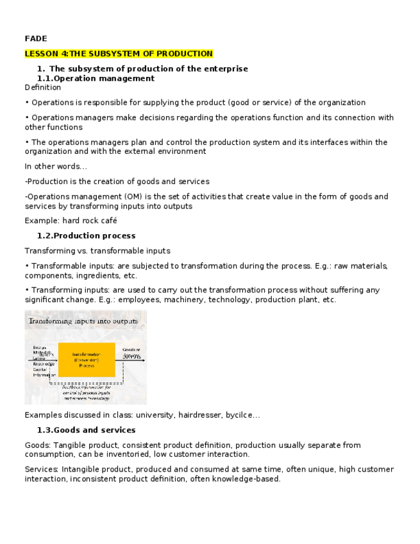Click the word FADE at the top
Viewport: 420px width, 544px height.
(x=35, y=38)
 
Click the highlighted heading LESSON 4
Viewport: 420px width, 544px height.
(x=119, y=54)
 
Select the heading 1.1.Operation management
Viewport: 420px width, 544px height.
(x=96, y=78)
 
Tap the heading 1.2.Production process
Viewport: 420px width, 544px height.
(x=86, y=235)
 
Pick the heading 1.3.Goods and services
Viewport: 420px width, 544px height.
(x=86, y=430)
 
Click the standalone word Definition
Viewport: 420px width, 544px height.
(x=42, y=87)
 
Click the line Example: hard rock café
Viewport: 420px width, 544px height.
(x=71, y=221)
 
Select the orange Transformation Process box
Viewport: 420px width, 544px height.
(x=87, y=360)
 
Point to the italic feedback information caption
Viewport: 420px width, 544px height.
(x=86, y=392)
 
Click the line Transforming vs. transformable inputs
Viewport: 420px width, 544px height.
(x=97, y=251)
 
